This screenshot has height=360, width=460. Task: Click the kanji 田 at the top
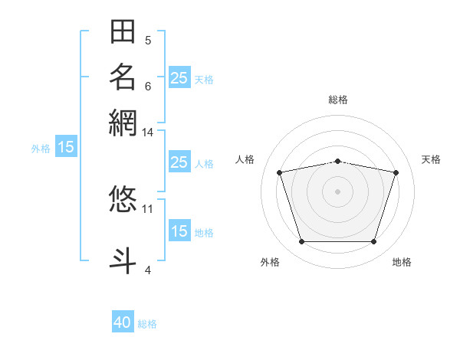pos(123,32)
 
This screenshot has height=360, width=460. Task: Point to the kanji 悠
pos(123,198)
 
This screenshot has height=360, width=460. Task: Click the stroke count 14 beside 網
pos(148,133)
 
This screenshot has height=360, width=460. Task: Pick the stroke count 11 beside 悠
pos(148,208)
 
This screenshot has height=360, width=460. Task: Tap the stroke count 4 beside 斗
pos(148,269)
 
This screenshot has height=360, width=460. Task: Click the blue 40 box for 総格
pos(123,323)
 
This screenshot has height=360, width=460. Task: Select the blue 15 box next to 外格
pos(66,148)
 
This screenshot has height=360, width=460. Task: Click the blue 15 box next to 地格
pos(179,232)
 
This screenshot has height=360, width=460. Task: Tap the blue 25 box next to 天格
pos(179,77)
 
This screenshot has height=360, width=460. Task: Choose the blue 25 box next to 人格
pos(179,162)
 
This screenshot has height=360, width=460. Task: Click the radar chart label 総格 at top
pos(338,100)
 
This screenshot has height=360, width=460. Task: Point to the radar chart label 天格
pos(431,159)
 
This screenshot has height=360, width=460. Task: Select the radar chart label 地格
pos(402,262)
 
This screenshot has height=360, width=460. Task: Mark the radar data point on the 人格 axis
pos(280,172)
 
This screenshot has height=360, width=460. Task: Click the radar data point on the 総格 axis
pos(338,161)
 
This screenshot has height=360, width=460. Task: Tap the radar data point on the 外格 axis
pos(301,242)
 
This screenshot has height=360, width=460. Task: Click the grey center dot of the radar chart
pos(338,191)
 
